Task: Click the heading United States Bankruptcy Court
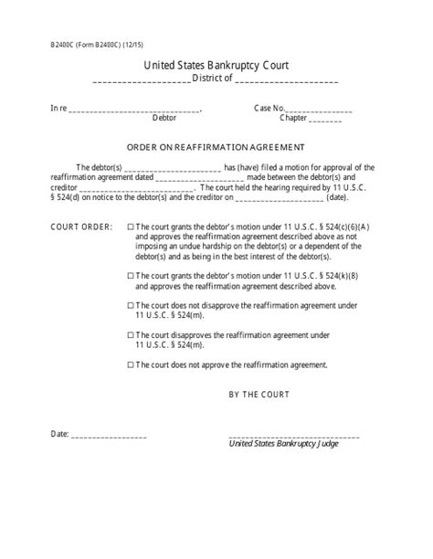216,65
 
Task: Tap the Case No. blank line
321,110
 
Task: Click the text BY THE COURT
259,395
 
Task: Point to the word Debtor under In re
164,119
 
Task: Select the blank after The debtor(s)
171,168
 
